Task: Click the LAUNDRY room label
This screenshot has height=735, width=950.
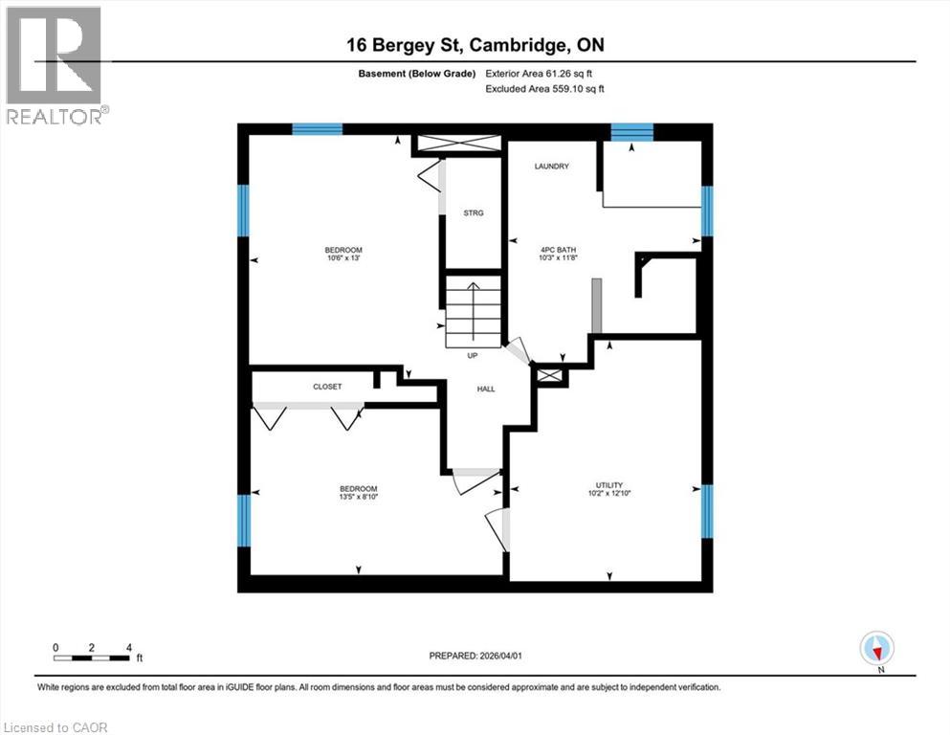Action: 551,167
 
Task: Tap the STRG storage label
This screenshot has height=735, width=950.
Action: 473,212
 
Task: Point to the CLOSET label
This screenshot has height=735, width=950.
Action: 327,387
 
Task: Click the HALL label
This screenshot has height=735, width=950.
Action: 486,389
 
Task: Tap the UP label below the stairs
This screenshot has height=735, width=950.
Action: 472,356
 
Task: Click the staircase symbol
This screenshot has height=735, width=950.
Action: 473,312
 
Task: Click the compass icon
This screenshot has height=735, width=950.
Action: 876,649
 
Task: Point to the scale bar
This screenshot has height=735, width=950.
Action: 92,657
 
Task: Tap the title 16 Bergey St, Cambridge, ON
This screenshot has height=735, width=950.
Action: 475,45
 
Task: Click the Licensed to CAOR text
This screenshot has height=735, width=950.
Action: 55,727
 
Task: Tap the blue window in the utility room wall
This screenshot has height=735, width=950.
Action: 708,511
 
